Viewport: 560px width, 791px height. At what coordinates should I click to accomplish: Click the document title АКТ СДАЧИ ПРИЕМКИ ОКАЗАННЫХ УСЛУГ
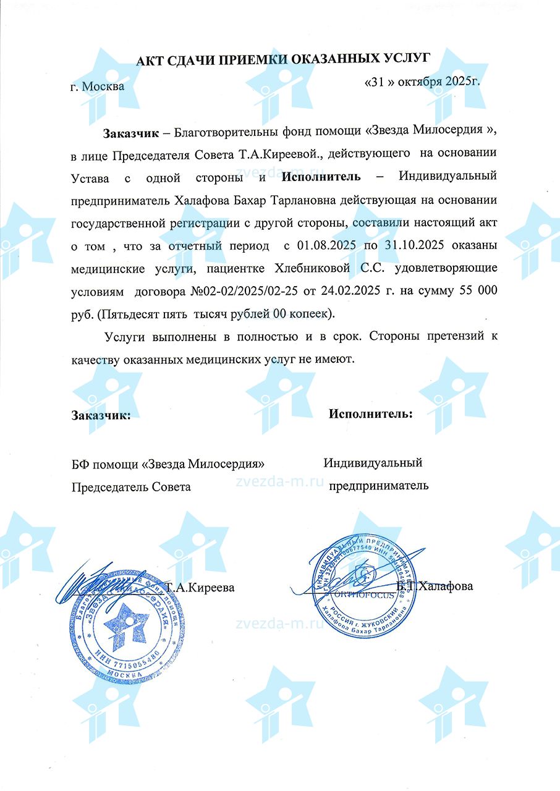click(282, 59)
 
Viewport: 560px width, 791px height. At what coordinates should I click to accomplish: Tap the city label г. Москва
click(97, 86)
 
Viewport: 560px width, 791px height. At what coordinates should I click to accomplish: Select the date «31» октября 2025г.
click(423, 82)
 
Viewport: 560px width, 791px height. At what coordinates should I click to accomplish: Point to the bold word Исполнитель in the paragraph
click(321, 177)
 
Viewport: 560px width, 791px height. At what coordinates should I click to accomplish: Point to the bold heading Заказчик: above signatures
click(101, 415)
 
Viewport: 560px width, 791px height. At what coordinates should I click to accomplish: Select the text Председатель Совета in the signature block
click(131, 486)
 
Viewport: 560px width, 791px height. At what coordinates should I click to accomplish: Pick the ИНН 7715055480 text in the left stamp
click(127, 653)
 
